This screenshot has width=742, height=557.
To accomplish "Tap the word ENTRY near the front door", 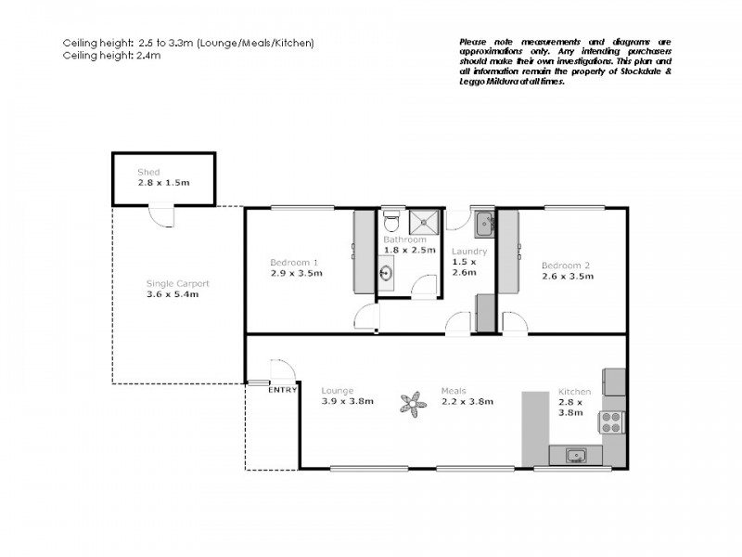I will pos(283,390).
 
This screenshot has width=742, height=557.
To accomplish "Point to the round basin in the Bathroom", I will pos(385,273).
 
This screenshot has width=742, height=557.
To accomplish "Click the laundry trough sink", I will pos(484,225).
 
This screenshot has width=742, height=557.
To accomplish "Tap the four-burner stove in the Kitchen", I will pos(611,422).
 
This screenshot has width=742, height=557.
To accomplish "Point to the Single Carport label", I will pos(177,283).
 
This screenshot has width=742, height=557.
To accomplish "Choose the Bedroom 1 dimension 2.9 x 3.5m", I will pos(296,273).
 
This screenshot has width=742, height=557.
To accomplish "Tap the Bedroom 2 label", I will pos(566,265).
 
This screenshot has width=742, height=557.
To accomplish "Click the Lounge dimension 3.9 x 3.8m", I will pos(347,401).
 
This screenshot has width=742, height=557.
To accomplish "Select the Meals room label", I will pos(454,390).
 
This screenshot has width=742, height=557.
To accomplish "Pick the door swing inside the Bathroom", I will pos(425,286).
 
